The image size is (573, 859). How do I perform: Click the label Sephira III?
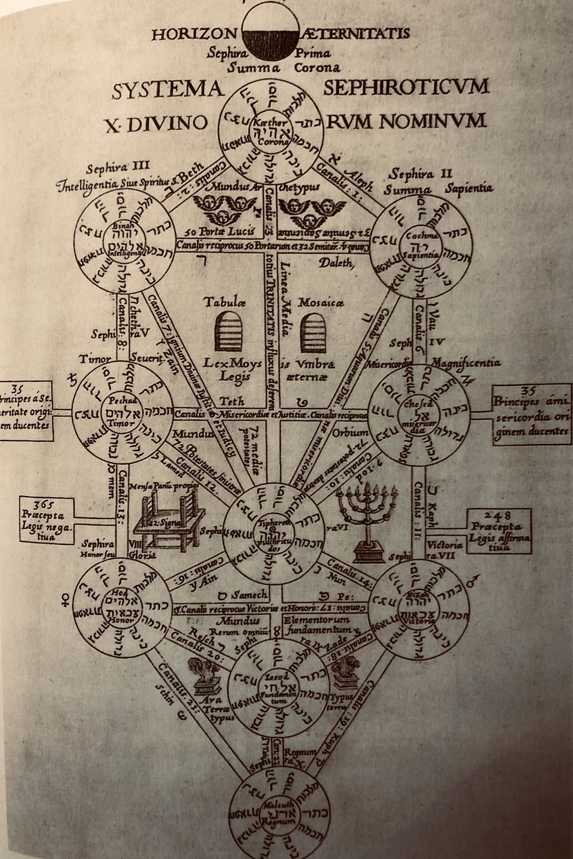[x=107, y=169]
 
